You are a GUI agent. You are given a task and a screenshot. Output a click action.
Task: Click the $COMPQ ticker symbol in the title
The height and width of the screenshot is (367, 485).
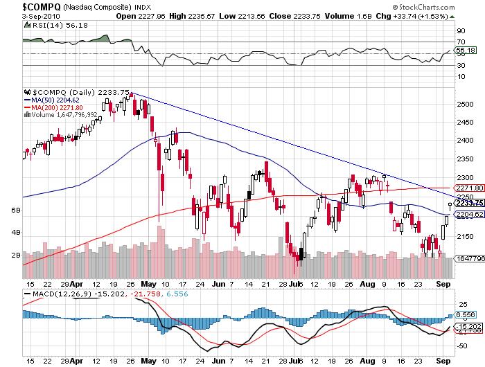(x=24, y=6)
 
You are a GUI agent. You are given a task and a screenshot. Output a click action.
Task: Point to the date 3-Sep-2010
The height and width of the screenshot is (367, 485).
(x=21, y=15)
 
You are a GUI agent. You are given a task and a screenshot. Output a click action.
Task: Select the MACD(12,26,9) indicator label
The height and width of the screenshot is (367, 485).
(x=53, y=294)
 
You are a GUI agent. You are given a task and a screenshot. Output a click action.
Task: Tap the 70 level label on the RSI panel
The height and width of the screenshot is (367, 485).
(x=459, y=42)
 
